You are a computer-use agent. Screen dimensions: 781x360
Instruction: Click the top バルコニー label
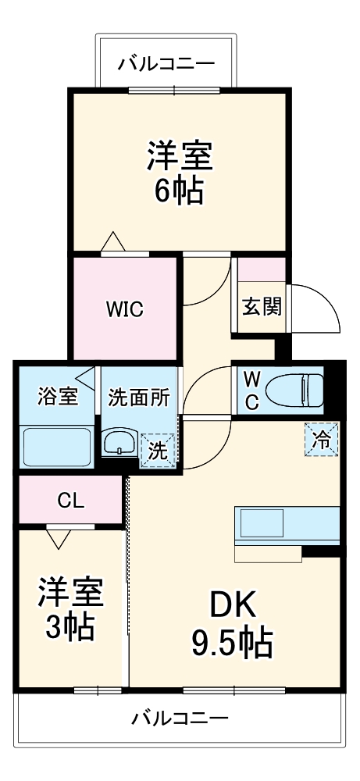(x=166, y=63)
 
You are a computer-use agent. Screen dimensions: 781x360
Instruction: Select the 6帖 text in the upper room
(x=179, y=191)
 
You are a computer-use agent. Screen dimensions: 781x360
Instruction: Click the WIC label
(x=125, y=309)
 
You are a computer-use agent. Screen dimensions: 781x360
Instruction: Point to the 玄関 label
(x=261, y=307)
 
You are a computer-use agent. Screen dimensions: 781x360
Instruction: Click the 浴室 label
(x=58, y=396)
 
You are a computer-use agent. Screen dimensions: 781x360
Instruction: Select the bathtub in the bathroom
(x=57, y=447)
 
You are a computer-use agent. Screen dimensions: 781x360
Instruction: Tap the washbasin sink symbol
(x=119, y=442)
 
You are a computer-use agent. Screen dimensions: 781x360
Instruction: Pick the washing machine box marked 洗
(x=158, y=451)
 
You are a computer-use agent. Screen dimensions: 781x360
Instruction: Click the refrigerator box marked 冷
(x=321, y=440)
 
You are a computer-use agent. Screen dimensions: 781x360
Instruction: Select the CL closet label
(x=70, y=500)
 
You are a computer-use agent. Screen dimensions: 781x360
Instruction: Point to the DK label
(x=231, y=606)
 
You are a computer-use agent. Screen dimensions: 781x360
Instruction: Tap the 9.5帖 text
(x=231, y=644)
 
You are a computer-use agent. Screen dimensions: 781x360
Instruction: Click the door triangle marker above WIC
(x=114, y=242)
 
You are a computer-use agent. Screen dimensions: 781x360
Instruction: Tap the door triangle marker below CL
(x=58, y=537)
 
